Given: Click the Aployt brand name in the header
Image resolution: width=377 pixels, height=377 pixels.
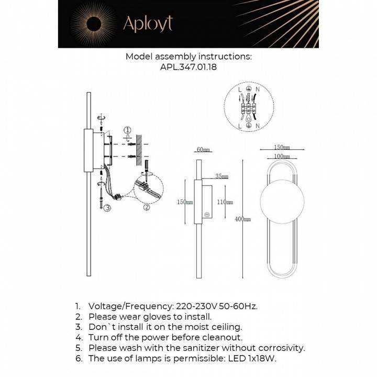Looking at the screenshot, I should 148,24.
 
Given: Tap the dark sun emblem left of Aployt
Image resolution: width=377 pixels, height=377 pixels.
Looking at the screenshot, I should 95,23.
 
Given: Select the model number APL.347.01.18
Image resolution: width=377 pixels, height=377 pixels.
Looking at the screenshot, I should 188,67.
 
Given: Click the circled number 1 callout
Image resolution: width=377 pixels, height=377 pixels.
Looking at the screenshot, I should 127,130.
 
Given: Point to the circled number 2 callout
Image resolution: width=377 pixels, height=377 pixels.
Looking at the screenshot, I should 147,207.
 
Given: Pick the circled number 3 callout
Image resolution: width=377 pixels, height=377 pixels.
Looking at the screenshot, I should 107,208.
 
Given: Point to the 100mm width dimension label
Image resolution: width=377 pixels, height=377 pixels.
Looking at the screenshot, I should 282,157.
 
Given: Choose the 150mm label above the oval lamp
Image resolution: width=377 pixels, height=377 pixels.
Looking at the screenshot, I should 282,148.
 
